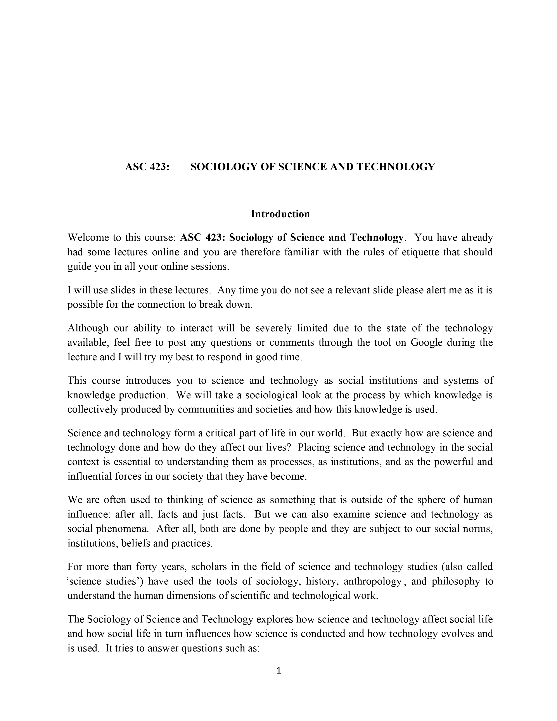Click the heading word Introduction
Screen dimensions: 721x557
[x=280, y=214]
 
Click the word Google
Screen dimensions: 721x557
[x=426, y=342]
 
